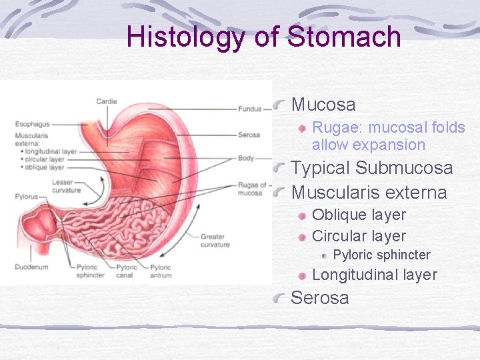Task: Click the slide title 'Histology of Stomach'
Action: point(263,37)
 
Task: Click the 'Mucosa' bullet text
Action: point(323,105)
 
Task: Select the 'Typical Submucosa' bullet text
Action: point(371,168)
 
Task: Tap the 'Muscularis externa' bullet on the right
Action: point(369,193)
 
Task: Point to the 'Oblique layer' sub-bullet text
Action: point(359,215)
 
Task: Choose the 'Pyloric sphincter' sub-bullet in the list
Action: point(381,255)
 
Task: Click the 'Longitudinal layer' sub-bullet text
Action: point(375,275)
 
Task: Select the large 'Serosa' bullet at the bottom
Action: point(319,298)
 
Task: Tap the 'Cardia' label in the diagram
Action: point(107,101)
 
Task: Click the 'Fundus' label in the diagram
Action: point(249,109)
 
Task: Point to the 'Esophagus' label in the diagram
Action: point(32,124)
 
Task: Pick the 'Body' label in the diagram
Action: point(245,159)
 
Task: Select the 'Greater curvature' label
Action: point(215,241)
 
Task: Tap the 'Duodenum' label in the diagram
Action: point(31,266)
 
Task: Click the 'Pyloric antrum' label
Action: point(161,271)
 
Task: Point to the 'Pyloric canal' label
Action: point(127,271)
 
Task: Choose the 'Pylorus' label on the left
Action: point(27,197)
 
